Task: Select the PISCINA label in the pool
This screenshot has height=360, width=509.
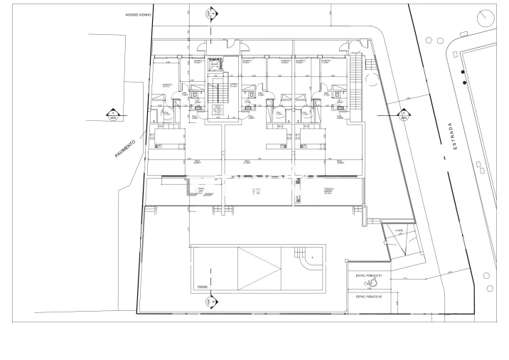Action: (203, 287)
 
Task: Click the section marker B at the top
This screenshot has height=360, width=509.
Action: (208, 13)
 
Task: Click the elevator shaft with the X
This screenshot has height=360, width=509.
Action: (215, 65)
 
